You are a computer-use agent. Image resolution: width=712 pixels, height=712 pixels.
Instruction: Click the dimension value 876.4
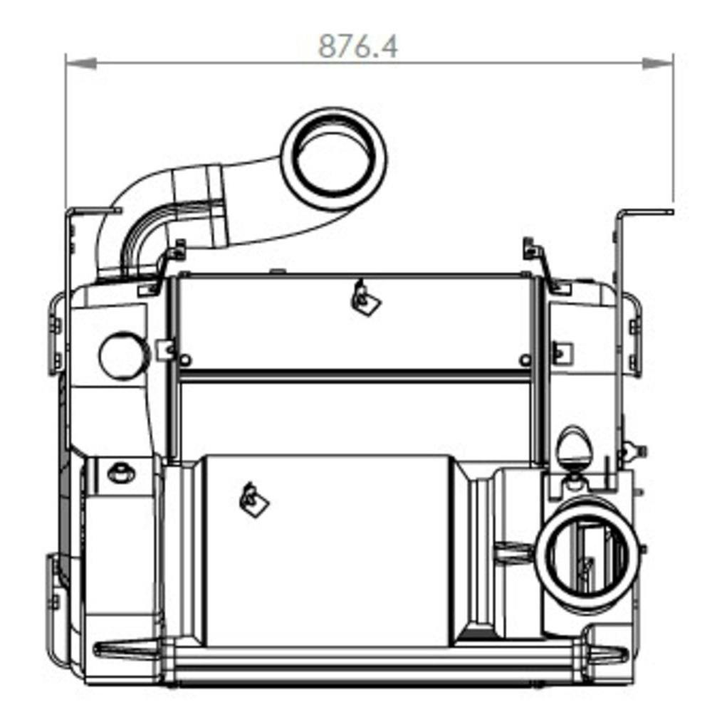pyautogui.click(x=358, y=47)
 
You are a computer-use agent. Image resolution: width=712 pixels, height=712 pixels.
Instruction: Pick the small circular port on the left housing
pyautogui.click(x=123, y=356)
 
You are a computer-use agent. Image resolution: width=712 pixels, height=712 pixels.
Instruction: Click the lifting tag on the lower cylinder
pyautogui.click(x=253, y=500)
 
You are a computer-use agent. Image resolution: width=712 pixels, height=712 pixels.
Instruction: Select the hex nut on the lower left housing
pyautogui.click(x=118, y=472)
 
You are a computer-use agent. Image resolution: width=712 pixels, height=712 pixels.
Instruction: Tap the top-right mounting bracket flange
pyautogui.click(x=645, y=211)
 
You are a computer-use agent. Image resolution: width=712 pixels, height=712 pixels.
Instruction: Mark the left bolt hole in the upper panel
pyautogui.click(x=185, y=360)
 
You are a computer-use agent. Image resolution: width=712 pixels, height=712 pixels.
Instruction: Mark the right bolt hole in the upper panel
pyautogui.click(x=525, y=360)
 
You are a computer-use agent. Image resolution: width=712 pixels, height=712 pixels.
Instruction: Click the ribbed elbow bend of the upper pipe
pyautogui.click(x=142, y=239)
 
